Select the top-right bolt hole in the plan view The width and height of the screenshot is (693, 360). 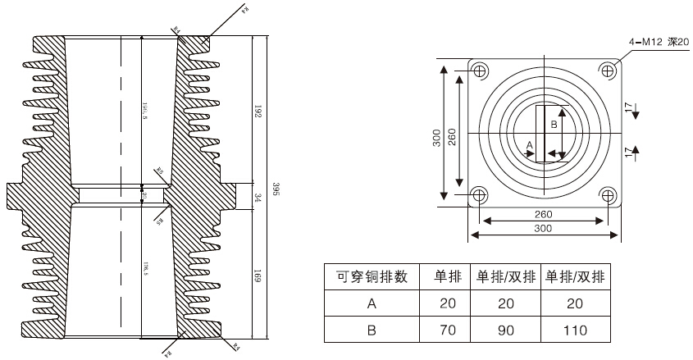608,71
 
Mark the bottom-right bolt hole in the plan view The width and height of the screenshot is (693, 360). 608,195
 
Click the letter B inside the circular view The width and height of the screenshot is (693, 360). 554,125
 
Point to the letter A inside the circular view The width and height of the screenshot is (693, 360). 529,144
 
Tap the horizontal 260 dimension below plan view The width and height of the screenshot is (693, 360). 543,214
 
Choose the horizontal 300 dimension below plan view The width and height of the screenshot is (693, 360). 543,229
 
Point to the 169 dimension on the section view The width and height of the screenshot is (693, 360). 257,277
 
